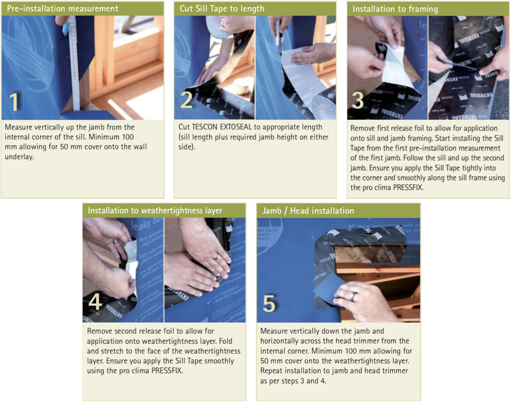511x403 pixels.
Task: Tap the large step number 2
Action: pyautogui.click(x=187, y=100)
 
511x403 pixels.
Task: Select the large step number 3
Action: pyautogui.click(x=358, y=101)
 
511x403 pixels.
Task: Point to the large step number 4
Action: pyautogui.click(x=95, y=302)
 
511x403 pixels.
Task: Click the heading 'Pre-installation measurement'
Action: pyautogui.click(x=63, y=9)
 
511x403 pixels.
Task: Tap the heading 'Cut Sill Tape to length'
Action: pyautogui.click(x=222, y=9)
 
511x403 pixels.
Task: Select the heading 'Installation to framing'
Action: pyautogui.click(x=395, y=9)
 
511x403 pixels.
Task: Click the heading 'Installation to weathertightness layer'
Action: pyautogui.click(x=155, y=211)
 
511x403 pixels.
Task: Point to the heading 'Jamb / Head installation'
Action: pyautogui.click(x=308, y=211)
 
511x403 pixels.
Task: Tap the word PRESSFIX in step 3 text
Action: pyautogui.click(x=408, y=188)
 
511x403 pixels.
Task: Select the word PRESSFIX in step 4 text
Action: pyautogui.click(x=167, y=371)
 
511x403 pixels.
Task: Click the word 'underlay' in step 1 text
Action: pyautogui.click(x=19, y=157)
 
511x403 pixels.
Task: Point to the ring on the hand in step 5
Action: pyautogui.click(x=354, y=297)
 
